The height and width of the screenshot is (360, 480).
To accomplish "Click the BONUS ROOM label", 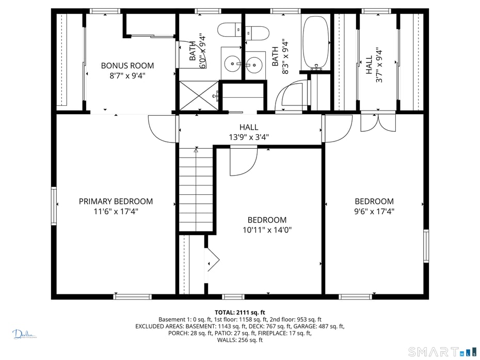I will (127, 66).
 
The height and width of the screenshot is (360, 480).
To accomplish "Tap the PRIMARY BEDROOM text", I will (116, 201).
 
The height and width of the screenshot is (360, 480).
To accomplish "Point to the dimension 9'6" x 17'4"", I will (374, 211).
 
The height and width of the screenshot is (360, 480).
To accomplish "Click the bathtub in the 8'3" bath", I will (315, 42).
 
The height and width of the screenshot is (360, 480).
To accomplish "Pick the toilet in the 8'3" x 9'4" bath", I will (257, 33).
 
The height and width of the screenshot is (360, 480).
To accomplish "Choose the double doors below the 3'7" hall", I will (377, 122).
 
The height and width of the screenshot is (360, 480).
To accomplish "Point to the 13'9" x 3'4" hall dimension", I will (249, 137).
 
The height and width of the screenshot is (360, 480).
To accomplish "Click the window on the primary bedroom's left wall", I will (54, 206).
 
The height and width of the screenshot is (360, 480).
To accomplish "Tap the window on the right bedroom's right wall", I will (426, 246).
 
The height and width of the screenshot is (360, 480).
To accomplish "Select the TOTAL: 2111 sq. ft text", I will (239, 312).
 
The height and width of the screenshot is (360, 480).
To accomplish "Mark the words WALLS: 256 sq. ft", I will (239, 340).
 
